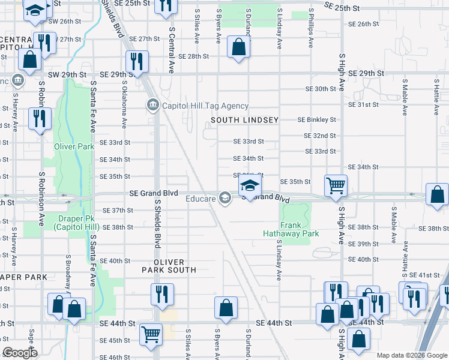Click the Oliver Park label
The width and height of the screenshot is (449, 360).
pos(74,146)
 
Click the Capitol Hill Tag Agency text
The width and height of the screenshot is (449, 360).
pos(205,106)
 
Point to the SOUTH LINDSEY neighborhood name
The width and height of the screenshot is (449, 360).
pos(244,120)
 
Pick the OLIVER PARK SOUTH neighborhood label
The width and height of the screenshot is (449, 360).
pos(169,266)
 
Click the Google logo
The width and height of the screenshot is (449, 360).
pos(20,352)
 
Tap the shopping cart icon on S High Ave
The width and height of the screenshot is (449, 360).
pos(336,185)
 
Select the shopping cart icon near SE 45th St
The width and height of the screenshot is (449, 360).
pos(151,334)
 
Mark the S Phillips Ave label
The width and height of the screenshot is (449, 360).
pos(311,28)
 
